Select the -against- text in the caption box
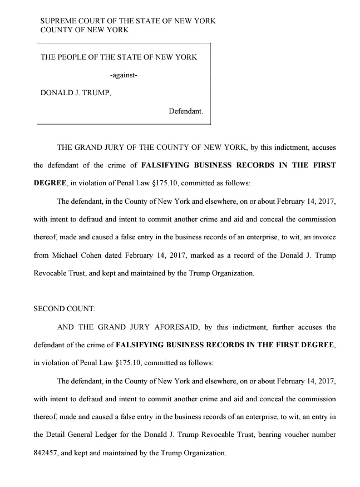tap(124, 75)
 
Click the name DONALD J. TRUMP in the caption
tap(76, 93)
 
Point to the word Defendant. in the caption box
tap(186, 111)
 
